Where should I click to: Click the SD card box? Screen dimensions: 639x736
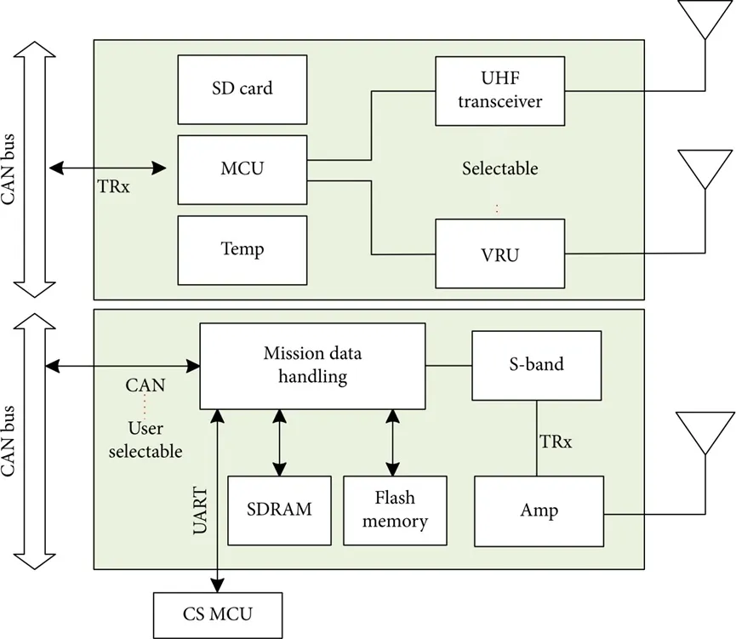tap(242, 88)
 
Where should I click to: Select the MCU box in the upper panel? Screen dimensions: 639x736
tap(242, 168)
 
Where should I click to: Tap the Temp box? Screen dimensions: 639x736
tap(242, 249)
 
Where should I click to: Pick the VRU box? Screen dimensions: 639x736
tap(499, 253)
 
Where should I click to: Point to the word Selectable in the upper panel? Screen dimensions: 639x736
tap(499, 168)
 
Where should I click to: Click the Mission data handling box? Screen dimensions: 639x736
tap(311, 365)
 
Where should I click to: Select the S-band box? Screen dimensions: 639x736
tap(535, 365)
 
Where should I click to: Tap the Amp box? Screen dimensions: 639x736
tap(539, 511)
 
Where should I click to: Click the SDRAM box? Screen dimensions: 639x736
tap(279, 510)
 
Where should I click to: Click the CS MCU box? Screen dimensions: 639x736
tap(218, 613)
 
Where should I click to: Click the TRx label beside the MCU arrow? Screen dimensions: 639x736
tap(113, 187)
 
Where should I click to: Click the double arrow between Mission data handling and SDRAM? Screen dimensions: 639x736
tap(279, 442)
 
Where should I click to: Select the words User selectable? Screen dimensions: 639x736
tap(145, 440)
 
